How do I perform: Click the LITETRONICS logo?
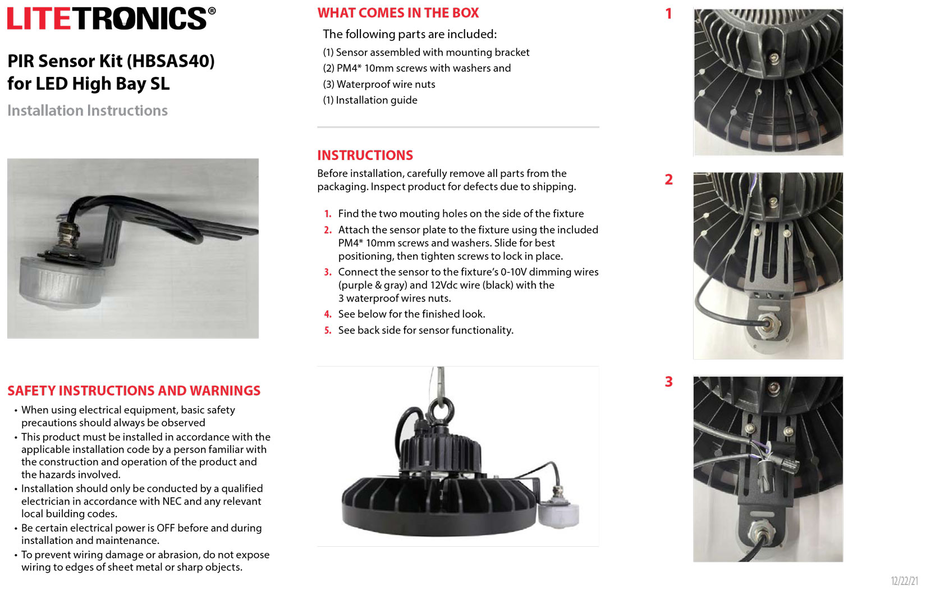107,19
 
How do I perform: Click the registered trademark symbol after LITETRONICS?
212,11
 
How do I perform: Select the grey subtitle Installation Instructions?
88,111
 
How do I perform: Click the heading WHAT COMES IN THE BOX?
398,13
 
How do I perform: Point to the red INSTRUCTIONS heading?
365,155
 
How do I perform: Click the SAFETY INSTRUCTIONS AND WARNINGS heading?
134,391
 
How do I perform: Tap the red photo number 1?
668,13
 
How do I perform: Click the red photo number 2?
668,180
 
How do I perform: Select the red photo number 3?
668,382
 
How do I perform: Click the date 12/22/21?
904,581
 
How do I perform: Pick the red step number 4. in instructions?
328,314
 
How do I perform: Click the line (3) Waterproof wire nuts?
379,84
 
